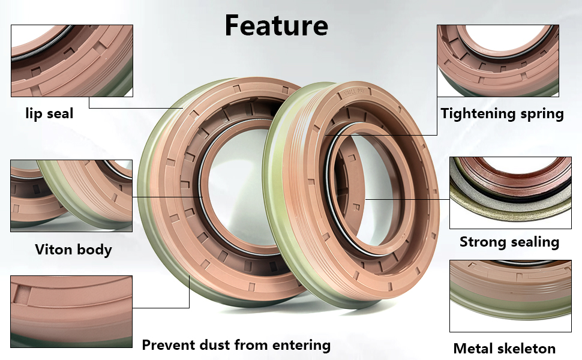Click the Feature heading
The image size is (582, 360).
click(x=276, y=25)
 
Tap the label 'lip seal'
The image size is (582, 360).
click(x=49, y=113)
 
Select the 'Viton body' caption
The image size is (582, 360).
click(x=73, y=249)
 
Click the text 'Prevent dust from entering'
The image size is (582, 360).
click(x=236, y=345)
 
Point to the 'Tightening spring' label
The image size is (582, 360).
click(x=502, y=113)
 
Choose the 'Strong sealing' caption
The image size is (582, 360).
click(x=509, y=242)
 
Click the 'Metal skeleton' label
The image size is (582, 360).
click(x=505, y=348)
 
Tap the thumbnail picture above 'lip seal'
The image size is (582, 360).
click(x=71, y=61)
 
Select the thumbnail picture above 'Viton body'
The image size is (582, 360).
click(x=71, y=196)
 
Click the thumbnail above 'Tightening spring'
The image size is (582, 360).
click(x=498, y=61)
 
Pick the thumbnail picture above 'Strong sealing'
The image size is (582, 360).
click(x=511, y=193)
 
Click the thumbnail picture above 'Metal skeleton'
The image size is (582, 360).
click(x=511, y=296)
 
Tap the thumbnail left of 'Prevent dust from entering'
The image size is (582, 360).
click(x=71, y=311)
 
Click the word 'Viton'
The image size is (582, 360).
click(x=52, y=249)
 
